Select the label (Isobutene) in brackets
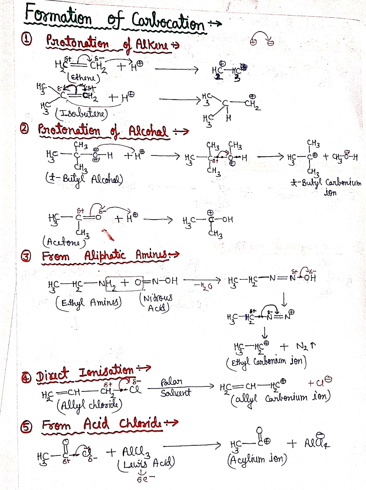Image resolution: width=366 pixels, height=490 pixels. pyautogui.click(x=81, y=114)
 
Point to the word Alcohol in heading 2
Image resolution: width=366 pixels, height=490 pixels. pyautogui.click(x=148, y=131)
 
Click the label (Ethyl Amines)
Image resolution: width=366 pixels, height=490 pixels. pyautogui.click(x=89, y=303)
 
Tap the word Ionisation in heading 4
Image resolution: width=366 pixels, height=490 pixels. pyautogui.click(x=106, y=371)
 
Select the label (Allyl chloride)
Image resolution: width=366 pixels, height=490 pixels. pyautogui.click(x=89, y=405)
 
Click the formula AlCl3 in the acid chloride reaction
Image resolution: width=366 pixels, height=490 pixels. pyautogui.click(x=136, y=451)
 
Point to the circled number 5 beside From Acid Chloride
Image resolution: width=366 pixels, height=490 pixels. pyautogui.click(x=26, y=426)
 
